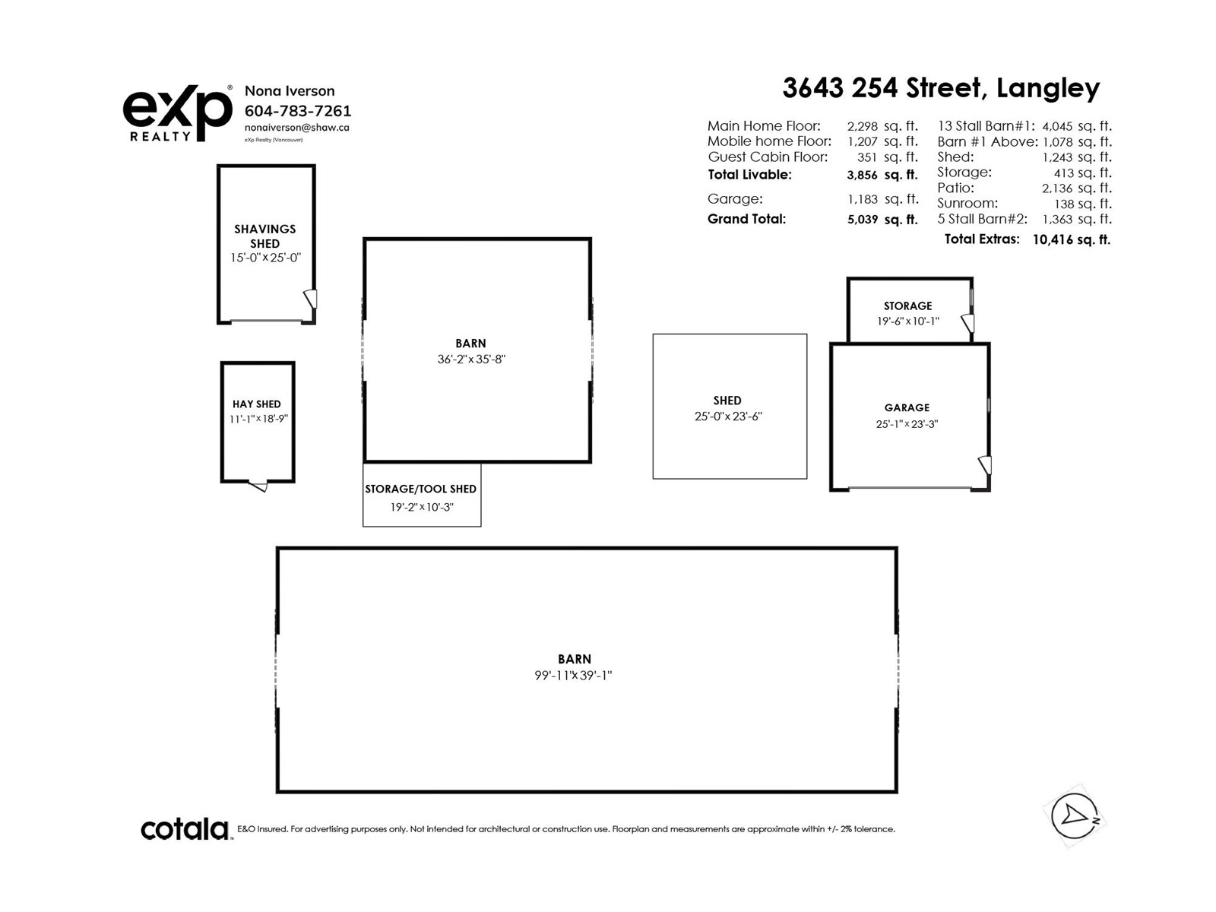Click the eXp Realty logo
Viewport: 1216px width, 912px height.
tap(177, 113)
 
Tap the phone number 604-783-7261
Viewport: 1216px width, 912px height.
tap(297, 111)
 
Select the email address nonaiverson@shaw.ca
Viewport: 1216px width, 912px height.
tap(296, 128)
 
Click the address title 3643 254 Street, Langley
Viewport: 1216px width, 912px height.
tap(941, 88)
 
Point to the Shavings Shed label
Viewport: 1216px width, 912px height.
tap(264, 236)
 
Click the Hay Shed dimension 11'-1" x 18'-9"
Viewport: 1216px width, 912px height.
tap(258, 419)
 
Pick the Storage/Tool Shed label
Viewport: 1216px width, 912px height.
tap(420, 489)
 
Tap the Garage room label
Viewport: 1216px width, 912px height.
tap(907, 408)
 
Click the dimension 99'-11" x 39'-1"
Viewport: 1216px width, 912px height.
tap(573, 676)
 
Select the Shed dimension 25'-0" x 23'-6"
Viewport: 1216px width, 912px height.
tap(727, 416)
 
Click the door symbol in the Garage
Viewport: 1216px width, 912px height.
tap(984, 464)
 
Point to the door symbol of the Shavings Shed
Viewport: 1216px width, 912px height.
tap(310, 298)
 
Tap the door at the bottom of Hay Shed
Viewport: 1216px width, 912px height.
tap(258, 486)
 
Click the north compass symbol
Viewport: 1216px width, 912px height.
tap(1074, 816)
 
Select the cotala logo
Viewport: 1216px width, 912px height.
tap(185, 829)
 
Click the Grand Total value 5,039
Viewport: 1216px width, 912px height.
tap(862, 220)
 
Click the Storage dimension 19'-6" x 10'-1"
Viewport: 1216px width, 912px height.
tap(907, 321)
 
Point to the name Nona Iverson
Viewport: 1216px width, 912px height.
tap(289, 91)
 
